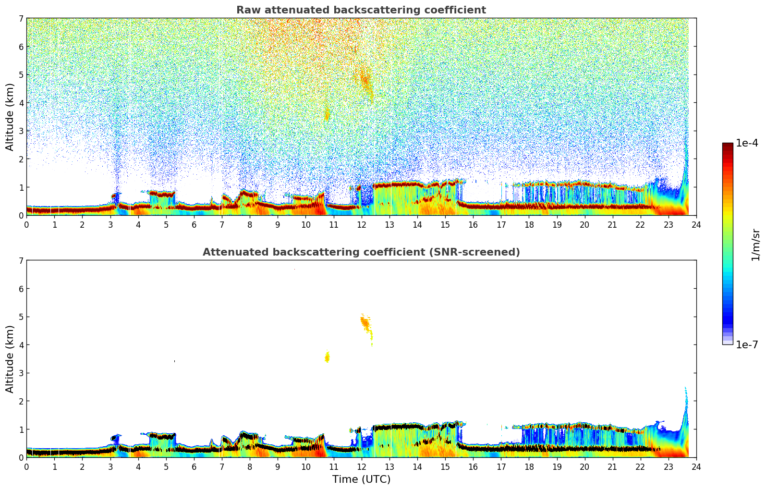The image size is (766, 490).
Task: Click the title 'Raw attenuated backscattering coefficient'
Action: click(x=361, y=10)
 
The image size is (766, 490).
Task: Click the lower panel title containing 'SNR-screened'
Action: click(x=361, y=252)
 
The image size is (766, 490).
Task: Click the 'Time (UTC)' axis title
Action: click(x=361, y=479)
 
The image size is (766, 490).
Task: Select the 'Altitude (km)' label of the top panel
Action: click(x=10, y=117)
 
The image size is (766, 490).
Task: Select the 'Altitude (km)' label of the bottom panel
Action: click(x=10, y=359)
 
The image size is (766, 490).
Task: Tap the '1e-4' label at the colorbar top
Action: click(x=747, y=143)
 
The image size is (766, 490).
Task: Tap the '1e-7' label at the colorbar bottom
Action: click(x=747, y=344)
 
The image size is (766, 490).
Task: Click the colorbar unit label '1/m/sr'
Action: click(x=755, y=245)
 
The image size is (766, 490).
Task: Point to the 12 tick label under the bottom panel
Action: click(x=361, y=466)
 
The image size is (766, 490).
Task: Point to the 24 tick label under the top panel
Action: click(x=696, y=224)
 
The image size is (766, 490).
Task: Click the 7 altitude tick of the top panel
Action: click(x=21, y=19)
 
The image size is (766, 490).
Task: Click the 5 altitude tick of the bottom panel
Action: click(x=21, y=317)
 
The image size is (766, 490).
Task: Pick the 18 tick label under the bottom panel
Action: click(x=529, y=466)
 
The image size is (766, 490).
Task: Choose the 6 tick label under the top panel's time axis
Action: click(x=194, y=224)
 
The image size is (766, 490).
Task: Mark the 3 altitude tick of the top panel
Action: click(x=21, y=131)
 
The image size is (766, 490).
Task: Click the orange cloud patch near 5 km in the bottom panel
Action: click(x=365, y=322)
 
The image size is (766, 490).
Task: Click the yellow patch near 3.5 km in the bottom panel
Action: click(x=327, y=357)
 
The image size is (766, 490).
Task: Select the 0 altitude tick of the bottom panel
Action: click(x=21, y=457)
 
